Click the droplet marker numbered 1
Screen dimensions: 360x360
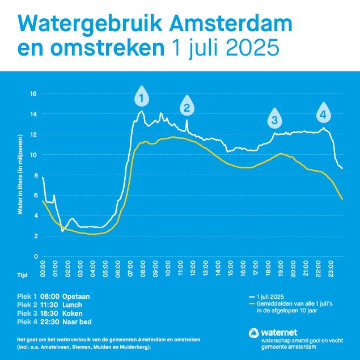[141, 98]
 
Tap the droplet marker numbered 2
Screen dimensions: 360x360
[187, 105]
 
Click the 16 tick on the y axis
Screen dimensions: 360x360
[33, 93]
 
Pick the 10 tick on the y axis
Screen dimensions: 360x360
[33, 154]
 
